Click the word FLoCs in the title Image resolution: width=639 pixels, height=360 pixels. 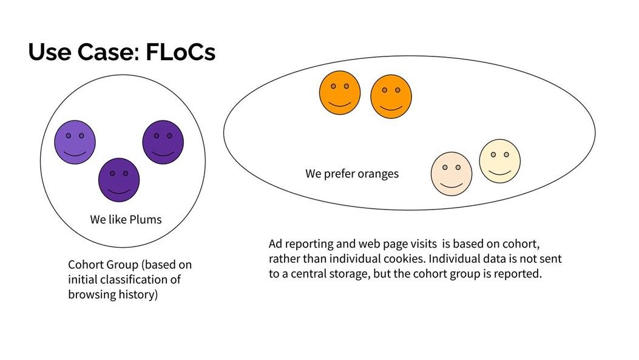[x=180, y=52]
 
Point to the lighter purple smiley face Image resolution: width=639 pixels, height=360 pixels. [x=75, y=142]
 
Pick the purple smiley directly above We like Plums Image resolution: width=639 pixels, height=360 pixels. [x=119, y=180]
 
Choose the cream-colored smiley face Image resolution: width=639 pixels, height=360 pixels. [x=499, y=161]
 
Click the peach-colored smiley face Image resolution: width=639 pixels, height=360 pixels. [x=451, y=174]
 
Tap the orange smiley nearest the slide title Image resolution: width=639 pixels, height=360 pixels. [x=340, y=92]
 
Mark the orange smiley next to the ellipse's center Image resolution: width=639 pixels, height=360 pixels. [x=391, y=97]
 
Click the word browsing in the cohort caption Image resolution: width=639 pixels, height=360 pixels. [x=92, y=295]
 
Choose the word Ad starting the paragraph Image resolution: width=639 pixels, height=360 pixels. [x=275, y=244]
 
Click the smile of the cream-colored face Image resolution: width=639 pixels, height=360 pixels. [x=499, y=172]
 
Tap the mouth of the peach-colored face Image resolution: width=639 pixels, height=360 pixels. [x=451, y=185]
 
